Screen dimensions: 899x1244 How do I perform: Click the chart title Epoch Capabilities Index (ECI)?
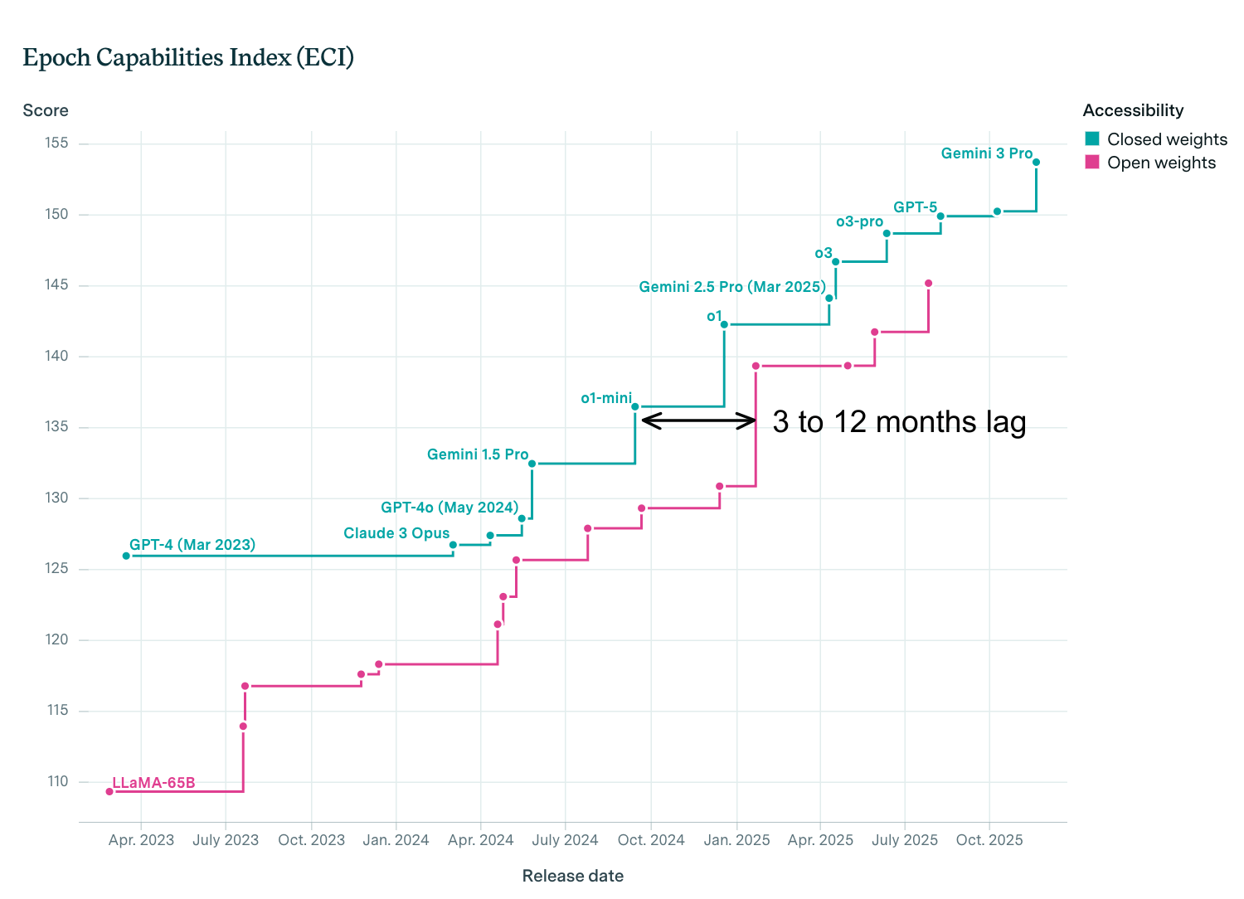[x=188, y=57]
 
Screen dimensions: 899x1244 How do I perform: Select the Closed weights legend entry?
[x=1156, y=139]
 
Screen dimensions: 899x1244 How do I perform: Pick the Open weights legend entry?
[x=1150, y=163]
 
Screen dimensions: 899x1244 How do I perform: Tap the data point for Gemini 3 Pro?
[x=1036, y=163]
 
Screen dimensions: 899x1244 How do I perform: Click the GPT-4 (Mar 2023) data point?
[x=126, y=556]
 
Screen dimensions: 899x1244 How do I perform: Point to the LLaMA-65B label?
[x=153, y=782]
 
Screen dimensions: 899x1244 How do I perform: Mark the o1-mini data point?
[x=635, y=406]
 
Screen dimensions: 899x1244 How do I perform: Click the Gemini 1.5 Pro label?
[x=478, y=454]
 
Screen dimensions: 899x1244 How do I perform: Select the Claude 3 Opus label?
[x=396, y=533]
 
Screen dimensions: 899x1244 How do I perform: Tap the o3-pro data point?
[x=887, y=233]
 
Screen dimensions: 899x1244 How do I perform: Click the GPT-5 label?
[x=915, y=207]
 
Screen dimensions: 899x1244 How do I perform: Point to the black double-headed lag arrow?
[x=698, y=420]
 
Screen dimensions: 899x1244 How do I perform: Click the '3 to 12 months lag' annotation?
[x=899, y=422]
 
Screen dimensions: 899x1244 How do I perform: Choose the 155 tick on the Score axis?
[x=56, y=143]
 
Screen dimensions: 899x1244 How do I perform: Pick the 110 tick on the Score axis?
[x=56, y=781]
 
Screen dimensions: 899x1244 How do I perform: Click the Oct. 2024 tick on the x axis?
[x=651, y=840]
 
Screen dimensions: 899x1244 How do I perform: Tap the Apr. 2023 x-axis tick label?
[x=141, y=840]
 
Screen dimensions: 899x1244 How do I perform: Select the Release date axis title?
[x=572, y=876]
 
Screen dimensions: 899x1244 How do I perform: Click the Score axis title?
[x=46, y=110]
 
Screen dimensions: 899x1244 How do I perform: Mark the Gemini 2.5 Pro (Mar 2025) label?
[x=732, y=287]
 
